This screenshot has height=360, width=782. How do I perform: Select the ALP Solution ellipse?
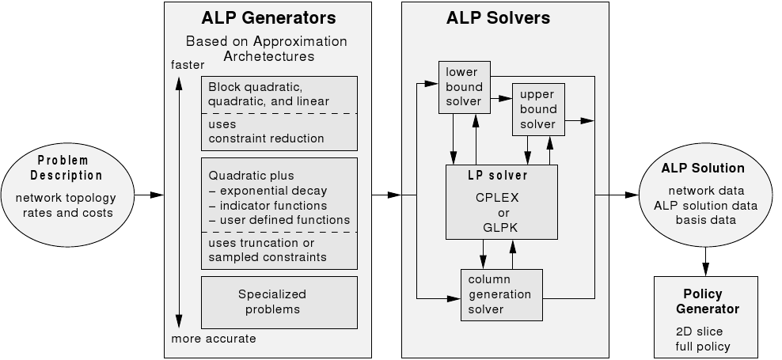click(703, 193)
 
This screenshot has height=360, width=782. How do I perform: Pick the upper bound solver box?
click(538, 108)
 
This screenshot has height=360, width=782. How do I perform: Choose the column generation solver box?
click(501, 294)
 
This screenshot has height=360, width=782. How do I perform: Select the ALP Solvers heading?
click(504, 18)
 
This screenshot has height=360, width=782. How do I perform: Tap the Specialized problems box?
click(271, 301)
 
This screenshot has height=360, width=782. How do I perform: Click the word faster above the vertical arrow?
click(187, 65)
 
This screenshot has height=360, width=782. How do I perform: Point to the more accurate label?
click(214, 339)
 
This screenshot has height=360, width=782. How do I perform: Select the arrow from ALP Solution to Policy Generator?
click(704, 259)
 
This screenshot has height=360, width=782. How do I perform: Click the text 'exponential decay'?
click(274, 191)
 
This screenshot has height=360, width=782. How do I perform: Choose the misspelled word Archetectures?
click(268, 56)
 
